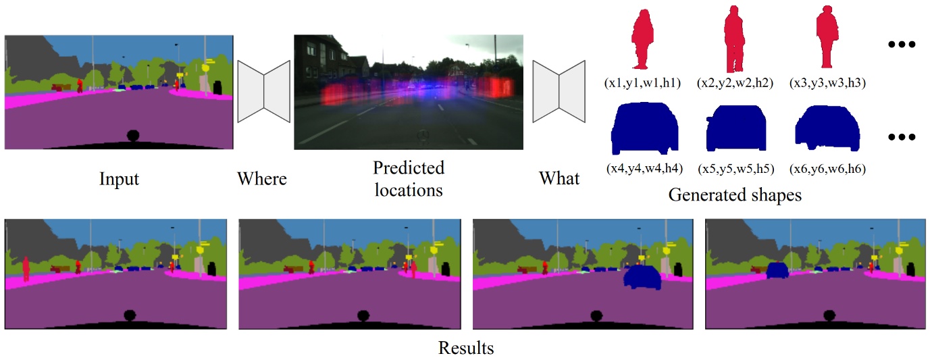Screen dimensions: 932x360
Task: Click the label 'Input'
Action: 119,179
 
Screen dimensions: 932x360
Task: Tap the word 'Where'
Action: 262,179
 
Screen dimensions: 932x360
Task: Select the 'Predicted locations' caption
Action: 409,178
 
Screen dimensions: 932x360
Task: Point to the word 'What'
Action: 559,179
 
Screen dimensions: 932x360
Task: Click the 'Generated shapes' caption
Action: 735,196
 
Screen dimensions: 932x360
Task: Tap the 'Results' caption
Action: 466,349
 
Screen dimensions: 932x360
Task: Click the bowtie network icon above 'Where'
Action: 264,91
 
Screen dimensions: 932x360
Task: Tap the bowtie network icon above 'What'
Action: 559,91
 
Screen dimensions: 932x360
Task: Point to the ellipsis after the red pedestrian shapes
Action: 901,45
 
